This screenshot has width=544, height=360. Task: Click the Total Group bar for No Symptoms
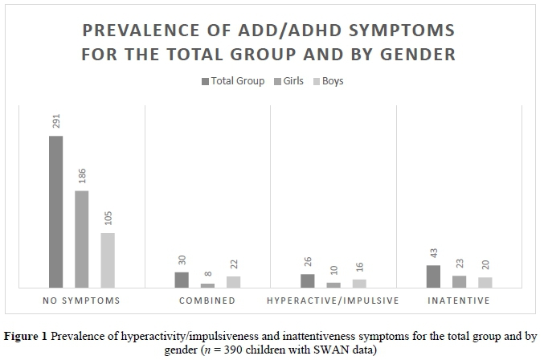pyautogui.click(x=55, y=211)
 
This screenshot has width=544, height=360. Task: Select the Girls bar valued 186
pyautogui.click(x=81, y=239)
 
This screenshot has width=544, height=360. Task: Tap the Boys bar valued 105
pyautogui.click(x=107, y=260)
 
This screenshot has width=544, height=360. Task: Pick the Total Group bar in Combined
pyautogui.click(x=182, y=280)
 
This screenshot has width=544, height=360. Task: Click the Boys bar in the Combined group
pyautogui.click(x=233, y=282)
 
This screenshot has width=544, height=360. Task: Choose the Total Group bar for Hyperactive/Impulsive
pyautogui.click(x=308, y=280)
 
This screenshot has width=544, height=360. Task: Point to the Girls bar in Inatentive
pyautogui.click(x=459, y=281)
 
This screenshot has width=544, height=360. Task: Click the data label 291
pyautogui.click(x=55, y=121)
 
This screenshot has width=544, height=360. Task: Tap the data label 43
pyautogui.click(x=433, y=252)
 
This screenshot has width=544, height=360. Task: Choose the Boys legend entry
pyautogui.click(x=330, y=81)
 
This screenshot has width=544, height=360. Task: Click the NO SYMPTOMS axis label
pyautogui.click(x=81, y=301)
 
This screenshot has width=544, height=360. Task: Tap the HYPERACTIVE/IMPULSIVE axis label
pyautogui.click(x=333, y=301)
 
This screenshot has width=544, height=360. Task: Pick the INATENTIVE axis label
pyautogui.click(x=459, y=301)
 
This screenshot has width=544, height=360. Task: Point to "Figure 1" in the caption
pyautogui.click(x=27, y=335)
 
